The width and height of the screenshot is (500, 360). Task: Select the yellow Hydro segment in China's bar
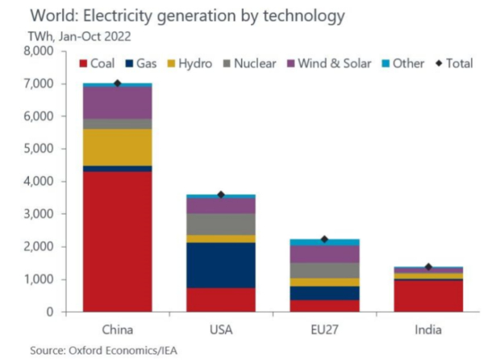[117, 147]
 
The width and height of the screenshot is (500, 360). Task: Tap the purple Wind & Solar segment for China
[117, 103]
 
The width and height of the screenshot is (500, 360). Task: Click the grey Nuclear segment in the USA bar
[220, 224]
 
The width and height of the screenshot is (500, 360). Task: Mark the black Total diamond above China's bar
[118, 83]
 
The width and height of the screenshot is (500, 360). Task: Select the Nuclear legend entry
[248, 63]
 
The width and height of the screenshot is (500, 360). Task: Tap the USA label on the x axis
[220, 329]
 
